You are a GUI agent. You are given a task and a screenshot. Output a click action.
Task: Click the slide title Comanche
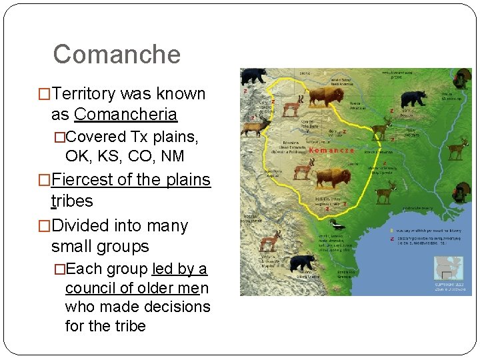(117, 54)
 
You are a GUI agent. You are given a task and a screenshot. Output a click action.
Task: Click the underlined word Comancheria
(125, 115)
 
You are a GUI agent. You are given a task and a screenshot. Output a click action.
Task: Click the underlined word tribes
(72, 201)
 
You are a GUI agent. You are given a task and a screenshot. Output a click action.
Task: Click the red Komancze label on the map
(331, 151)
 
